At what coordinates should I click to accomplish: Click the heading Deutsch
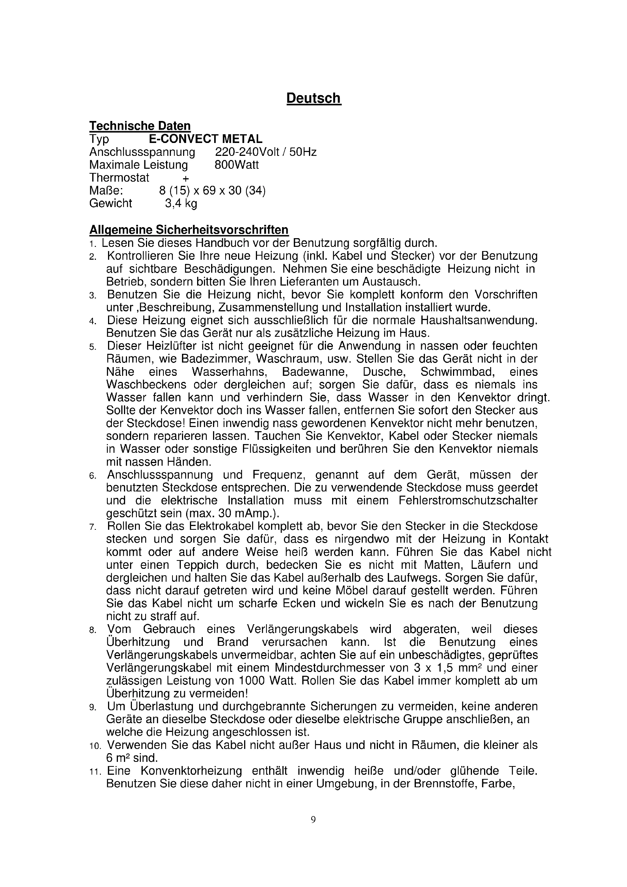pyautogui.click(x=313, y=98)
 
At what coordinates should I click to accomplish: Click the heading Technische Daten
pyautogui.click(x=140, y=126)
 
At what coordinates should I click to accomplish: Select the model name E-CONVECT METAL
pyautogui.click(x=205, y=138)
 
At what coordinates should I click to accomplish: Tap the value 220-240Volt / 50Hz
pyautogui.click(x=266, y=152)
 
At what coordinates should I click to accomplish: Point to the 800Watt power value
pyautogui.click(x=236, y=165)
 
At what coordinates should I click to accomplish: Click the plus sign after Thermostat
pyautogui.click(x=186, y=178)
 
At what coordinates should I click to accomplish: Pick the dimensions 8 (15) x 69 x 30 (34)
pyautogui.click(x=212, y=190)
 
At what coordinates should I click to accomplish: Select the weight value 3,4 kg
pyautogui.click(x=181, y=203)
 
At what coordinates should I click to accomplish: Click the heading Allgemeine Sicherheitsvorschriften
pyautogui.click(x=189, y=230)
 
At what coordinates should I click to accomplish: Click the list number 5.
pyautogui.click(x=92, y=347)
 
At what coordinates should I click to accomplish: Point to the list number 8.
pyautogui.click(x=92, y=631)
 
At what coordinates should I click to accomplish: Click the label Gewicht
pyautogui.click(x=110, y=203)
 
